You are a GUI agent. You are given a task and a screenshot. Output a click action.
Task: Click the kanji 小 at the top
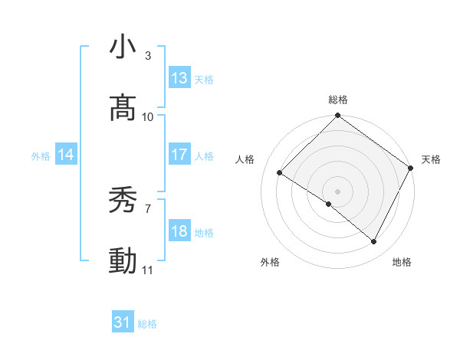(123, 47)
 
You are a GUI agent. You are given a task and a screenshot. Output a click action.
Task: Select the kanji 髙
(123, 108)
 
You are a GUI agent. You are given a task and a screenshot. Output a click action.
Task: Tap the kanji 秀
(123, 201)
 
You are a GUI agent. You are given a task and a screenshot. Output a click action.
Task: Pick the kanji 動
(123, 261)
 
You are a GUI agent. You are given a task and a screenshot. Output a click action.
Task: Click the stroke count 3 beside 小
(147, 56)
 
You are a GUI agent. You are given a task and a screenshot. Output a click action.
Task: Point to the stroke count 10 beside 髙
(148, 116)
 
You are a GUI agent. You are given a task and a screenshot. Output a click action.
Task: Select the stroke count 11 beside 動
(148, 270)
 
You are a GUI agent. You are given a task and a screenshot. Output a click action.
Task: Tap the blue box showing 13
(179, 78)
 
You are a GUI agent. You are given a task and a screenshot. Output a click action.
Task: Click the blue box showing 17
(179, 155)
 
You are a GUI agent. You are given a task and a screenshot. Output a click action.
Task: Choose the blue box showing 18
(179, 231)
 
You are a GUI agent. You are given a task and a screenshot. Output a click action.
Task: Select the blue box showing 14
(66, 155)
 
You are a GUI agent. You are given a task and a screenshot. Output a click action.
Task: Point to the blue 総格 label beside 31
(147, 324)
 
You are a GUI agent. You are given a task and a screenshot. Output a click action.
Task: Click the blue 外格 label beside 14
(41, 156)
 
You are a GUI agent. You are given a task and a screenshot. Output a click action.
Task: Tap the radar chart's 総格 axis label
(337, 100)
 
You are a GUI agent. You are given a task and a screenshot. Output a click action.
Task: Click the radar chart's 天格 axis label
(431, 159)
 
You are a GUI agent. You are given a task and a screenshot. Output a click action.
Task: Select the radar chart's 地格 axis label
(402, 262)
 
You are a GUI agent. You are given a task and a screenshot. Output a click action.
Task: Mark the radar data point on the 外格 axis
(329, 205)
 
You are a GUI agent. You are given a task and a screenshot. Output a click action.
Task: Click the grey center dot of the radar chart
(337, 191)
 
